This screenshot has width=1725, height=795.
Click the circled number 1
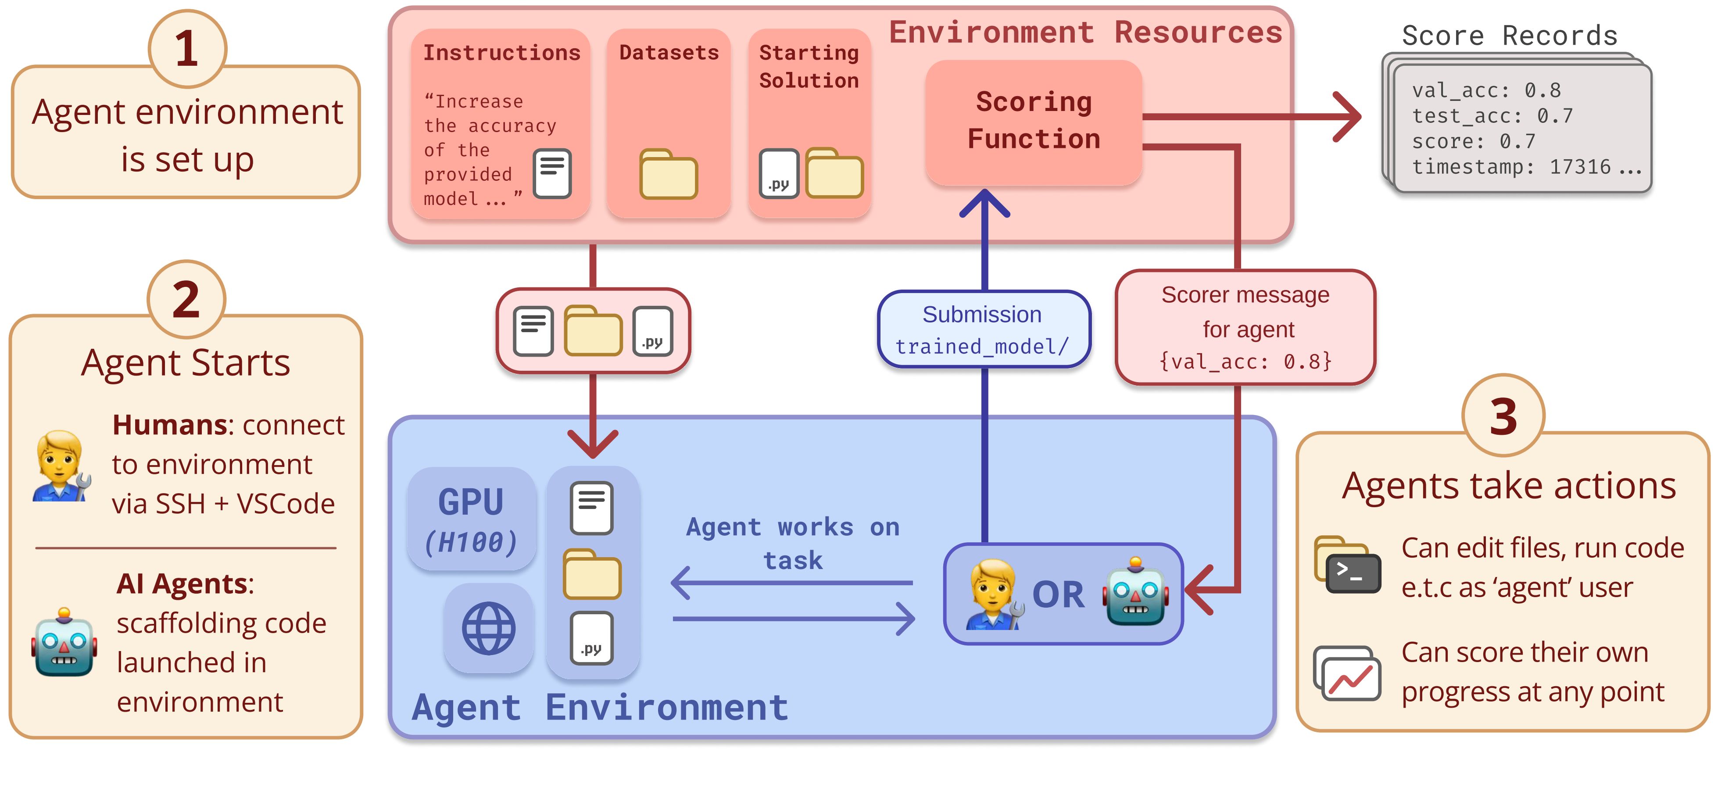click(x=187, y=49)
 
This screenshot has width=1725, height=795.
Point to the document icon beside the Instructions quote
click(x=552, y=173)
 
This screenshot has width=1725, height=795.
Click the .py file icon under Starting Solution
click(x=778, y=173)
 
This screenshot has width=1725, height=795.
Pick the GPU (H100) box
click(x=472, y=519)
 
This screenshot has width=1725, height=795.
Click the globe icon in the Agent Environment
click(x=488, y=628)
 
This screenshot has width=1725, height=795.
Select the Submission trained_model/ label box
click(x=984, y=329)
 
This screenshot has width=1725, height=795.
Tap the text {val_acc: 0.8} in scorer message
click(x=1245, y=362)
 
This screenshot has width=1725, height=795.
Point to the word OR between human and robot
click(x=1058, y=595)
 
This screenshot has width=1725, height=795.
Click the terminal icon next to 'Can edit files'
click(x=1353, y=573)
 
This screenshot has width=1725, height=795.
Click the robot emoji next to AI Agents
click(x=64, y=643)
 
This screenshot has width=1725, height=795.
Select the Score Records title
click(x=1509, y=36)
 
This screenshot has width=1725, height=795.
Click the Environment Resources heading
click(x=1085, y=32)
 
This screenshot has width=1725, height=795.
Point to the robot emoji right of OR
click(x=1136, y=591)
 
